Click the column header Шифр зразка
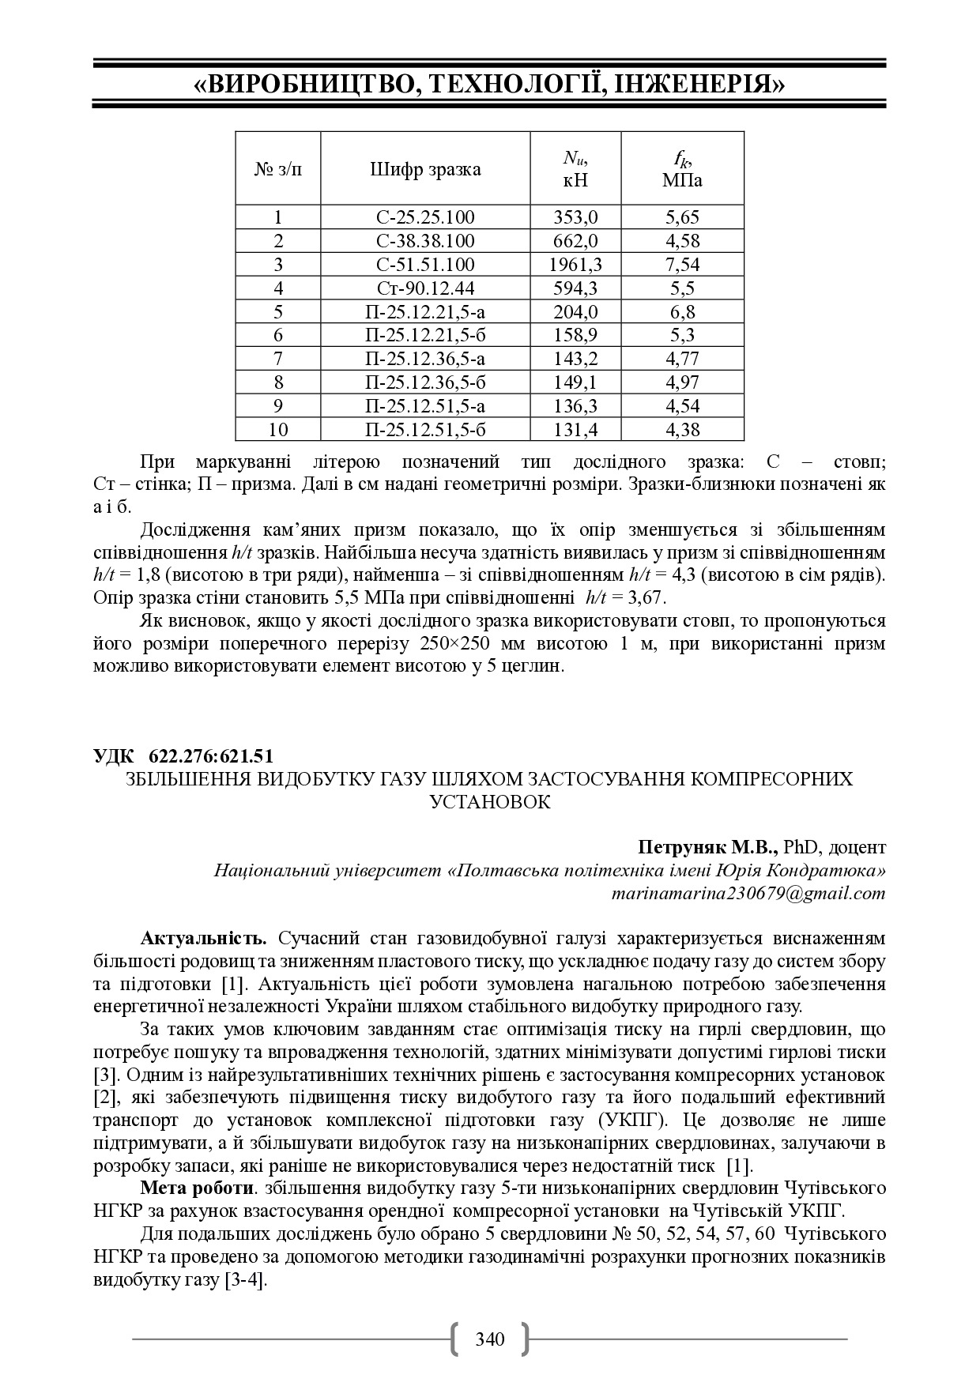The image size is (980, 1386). (424, 170)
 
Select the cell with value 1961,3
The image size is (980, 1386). (575, 264)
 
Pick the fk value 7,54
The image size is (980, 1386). (682, 264)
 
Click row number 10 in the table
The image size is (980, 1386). (278, 430)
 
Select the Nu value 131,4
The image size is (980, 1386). (575, 430)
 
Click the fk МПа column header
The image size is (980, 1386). (682, 170)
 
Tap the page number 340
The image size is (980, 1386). (489, 1339)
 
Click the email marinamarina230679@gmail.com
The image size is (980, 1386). (748, 894)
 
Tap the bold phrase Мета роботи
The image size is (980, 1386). (198, 1188)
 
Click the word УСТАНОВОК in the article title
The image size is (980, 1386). (489, 802)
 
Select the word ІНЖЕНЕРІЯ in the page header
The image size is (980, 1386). (699, 84)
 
